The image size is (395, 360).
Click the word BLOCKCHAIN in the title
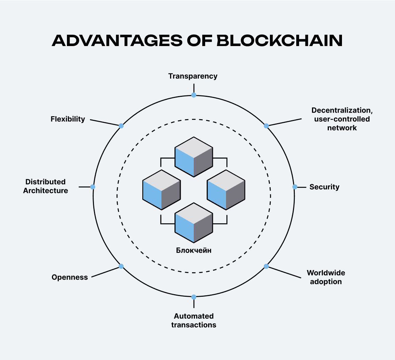point(279,40)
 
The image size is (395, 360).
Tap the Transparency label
point(193,76)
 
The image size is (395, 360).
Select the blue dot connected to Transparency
point(194,95)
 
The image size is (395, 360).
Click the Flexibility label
point(68,119)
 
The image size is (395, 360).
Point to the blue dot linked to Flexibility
point(121,126)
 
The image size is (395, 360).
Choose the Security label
point(324,187)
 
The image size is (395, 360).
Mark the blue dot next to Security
point(295,187)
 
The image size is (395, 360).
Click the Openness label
point(70,277)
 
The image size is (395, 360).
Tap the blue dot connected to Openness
point(121,266)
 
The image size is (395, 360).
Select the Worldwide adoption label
point(326,277)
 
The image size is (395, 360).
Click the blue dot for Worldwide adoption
point(266,266)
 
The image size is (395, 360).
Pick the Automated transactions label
point(194,321)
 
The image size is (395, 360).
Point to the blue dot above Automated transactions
point(194,297)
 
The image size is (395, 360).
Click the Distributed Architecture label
point(46,186)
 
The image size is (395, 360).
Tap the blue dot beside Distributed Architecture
point(93,187)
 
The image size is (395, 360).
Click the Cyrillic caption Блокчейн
point(194,250)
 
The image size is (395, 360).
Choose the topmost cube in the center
point(194,157)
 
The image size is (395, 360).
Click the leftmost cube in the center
point(162,190)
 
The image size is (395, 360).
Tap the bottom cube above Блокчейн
point(194,223)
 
